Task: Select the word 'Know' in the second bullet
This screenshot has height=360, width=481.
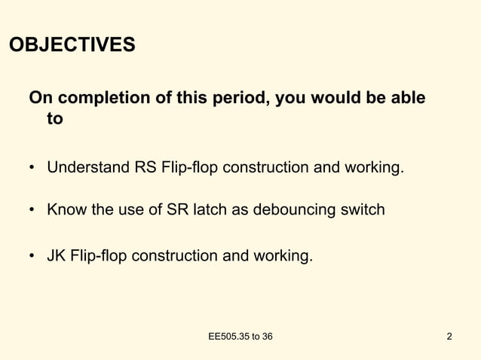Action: [x=65, y=209]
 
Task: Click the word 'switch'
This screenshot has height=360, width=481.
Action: [x=362, y=209]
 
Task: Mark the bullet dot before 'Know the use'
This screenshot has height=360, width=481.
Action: [x=33, y=210]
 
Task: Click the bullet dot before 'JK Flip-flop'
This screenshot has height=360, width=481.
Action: [x=33, y=256]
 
